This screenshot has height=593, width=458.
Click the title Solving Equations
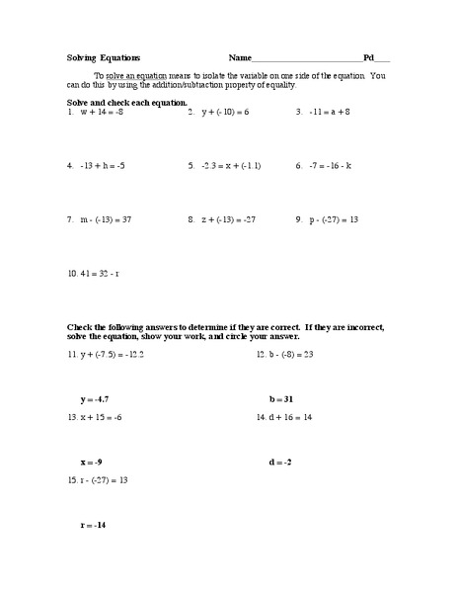[x=104, y=59]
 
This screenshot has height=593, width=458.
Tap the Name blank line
[x=307, y=61]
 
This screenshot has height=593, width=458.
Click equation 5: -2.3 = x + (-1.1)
[x=230, y=166]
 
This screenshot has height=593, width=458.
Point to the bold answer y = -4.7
[x=96, y=399]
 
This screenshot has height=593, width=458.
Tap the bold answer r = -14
[x=94, y=526]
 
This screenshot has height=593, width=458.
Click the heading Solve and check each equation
[x=125, y=102]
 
